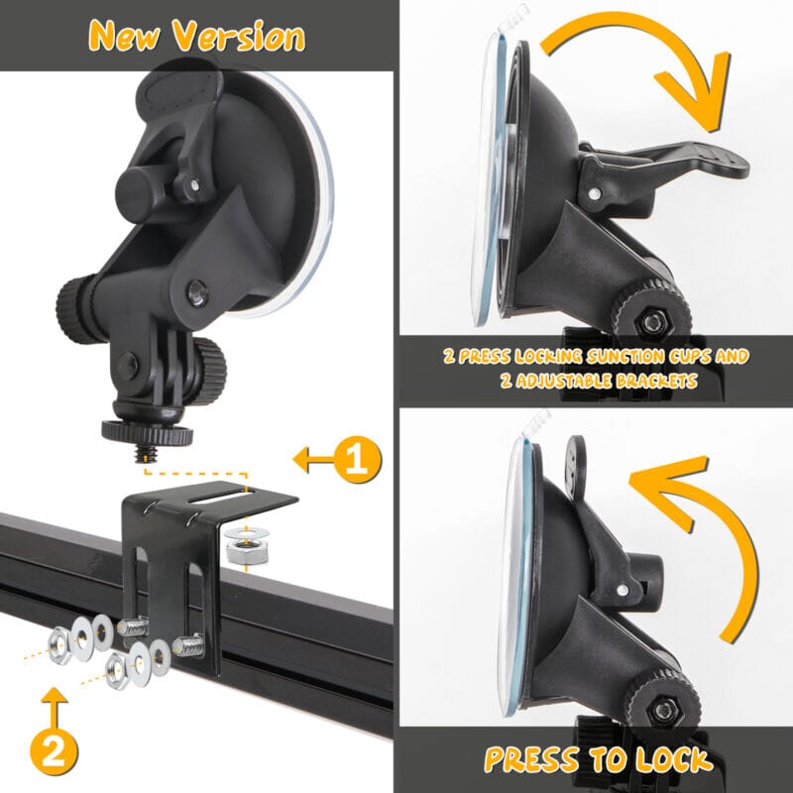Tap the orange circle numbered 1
pyautogui.click(x=358, y=459)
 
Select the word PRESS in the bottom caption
pyautogui.click(x=531, y=758)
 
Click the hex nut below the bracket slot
pyautogui.click(x=246, y=551)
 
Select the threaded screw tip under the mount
pyautogui.click(x=146, y=454)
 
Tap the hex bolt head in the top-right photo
pyautogui.click(x=653, y=321)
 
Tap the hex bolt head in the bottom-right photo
pyautogui.click(x=662, y=710)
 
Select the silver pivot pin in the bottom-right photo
pyautogui.click(x=623, y=590)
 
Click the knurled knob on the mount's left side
pyautogui.click(x=75, y=309)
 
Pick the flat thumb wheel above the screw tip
pyautogui.click(x=147, y=433)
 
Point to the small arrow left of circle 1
pyautogui.click(x=313, y=459)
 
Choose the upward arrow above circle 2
pyautogui.click(x=55, y=707)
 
